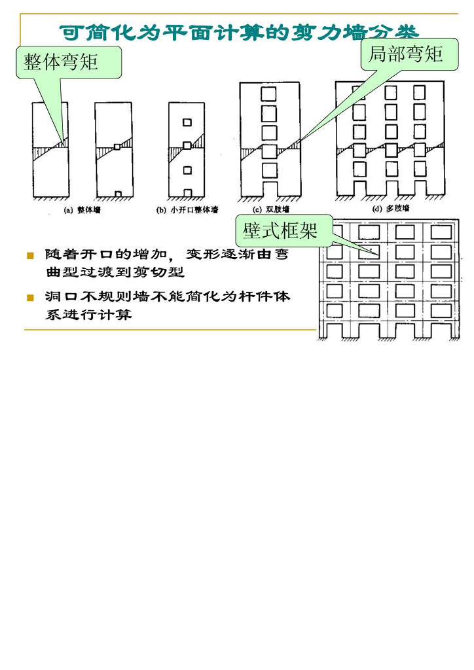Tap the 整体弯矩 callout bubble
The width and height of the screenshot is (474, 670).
click(x=61, y=63)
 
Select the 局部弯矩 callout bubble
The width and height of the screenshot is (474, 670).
click(x=405, y=54)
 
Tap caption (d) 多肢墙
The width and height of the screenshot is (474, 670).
click(x=391, y=210)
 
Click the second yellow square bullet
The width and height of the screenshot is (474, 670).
click(x=29, y=298)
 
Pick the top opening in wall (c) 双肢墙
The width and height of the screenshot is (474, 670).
click(x=269, y=93)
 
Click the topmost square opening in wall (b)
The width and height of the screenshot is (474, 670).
click(x=187, y=122)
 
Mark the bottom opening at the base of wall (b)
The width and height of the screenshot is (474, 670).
click(x=187, y=193)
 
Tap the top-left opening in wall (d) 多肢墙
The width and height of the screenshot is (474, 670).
click(x=359, y=92)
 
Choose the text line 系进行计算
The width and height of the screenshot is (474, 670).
click(x=88, y=315)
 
